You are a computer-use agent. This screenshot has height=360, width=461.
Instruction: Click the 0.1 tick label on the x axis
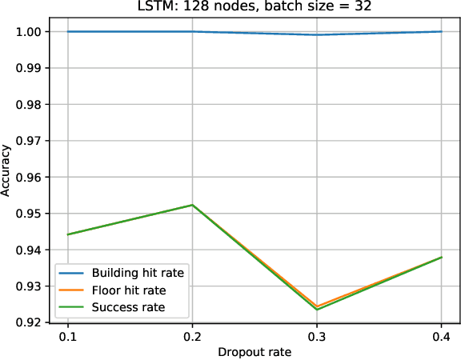coord(67,338)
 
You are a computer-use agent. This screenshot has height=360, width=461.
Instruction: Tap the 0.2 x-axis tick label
coord(192,338)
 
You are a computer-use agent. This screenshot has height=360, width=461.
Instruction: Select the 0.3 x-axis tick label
coord(317,338)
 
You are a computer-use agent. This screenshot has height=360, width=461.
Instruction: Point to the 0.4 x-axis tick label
coord(441,338)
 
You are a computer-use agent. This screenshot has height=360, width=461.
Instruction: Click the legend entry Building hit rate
coord(138,274)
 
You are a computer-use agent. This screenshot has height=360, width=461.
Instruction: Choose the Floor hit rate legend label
coord(129,290)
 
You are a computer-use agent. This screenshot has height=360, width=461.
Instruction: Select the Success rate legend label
coord(128,307)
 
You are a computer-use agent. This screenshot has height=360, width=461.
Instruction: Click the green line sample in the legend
coord(72,307)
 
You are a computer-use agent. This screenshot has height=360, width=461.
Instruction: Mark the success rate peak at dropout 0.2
coord(192,205)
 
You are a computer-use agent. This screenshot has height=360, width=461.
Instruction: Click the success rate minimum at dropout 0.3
coord(317,309)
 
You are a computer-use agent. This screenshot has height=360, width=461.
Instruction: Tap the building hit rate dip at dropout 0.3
coord(317,34)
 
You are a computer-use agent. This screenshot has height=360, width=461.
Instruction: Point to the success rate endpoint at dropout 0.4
coord(441,258)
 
